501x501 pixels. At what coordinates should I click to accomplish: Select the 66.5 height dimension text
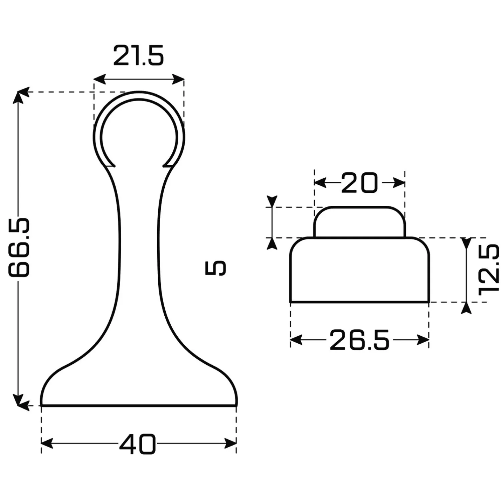tap(19, 247)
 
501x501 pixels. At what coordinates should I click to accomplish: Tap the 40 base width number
tap(138, 444)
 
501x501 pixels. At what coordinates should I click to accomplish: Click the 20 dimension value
tap(359, 183)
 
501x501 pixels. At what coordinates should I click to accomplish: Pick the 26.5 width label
tap(359, 340)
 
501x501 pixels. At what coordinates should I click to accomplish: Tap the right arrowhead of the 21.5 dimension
tap(178, 79)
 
